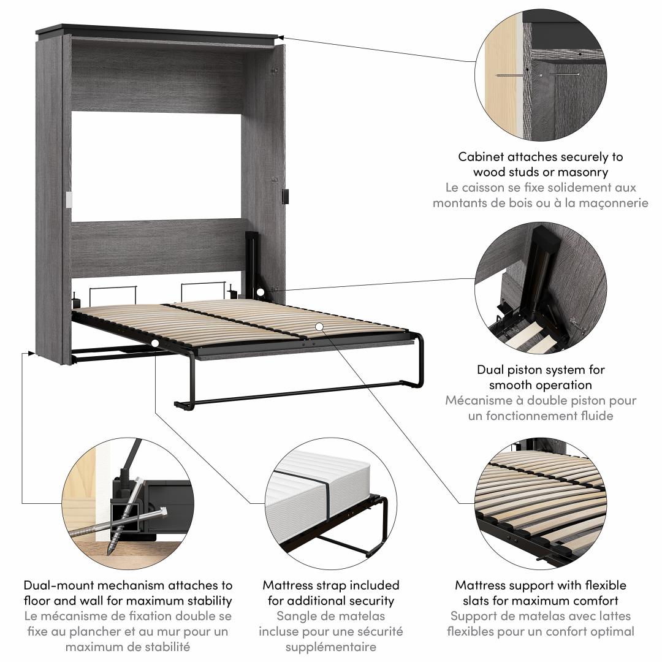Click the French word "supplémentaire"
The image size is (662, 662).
pos(331,646)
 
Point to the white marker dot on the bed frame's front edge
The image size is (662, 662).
pos(156,344)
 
